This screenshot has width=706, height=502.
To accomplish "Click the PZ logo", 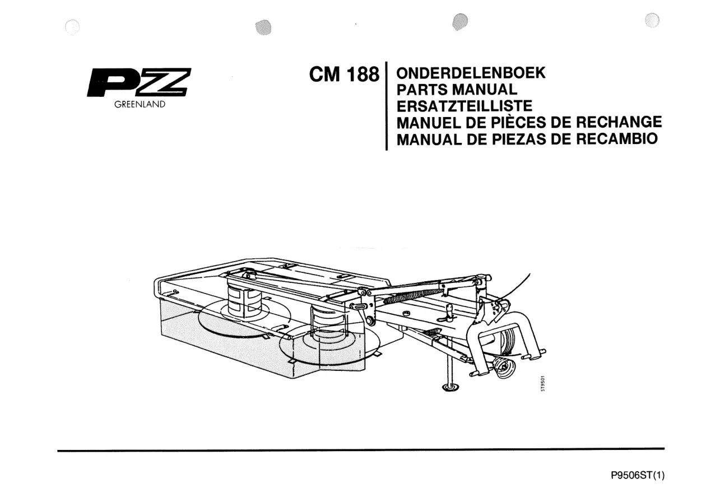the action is (139, 82).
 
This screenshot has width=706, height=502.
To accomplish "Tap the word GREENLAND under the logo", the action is (140, 104).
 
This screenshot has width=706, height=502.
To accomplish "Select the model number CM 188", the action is (344, 75).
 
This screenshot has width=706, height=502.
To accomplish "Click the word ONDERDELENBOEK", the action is (471, 73).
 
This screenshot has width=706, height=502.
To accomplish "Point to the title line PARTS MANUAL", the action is (457, 90).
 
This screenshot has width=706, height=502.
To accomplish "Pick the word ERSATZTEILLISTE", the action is (465, 106).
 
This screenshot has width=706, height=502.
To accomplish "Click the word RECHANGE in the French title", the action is (619, 122).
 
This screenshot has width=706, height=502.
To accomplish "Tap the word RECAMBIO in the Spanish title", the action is (617, 138).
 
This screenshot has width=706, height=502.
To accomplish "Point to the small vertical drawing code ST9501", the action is (542, 383).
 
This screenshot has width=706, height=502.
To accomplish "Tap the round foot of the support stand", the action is (450, 387).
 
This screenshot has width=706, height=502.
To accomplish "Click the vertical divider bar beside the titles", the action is (387, 106).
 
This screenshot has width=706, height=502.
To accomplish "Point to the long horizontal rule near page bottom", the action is (361, 449).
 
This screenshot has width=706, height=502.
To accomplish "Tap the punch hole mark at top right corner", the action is (652, 20).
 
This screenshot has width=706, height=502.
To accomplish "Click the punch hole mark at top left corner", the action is (72, 27).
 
